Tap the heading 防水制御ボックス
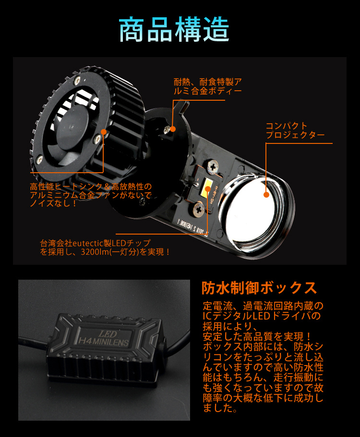pos(259,288)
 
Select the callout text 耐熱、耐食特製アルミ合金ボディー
pos(207,86)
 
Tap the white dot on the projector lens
pos(265,195)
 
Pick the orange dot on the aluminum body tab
pos(173,129)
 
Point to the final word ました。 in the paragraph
pos(220,409)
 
